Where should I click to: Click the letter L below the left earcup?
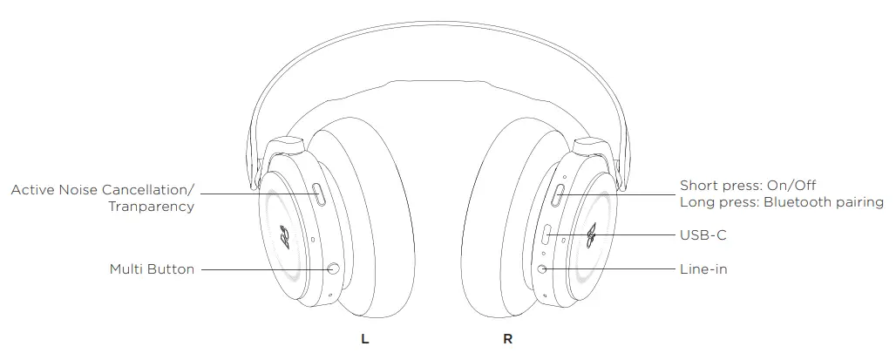pos(365,339)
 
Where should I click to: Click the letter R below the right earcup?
pos(507,339)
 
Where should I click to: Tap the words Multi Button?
pos(152,269)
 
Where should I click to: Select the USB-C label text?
pos(703,235)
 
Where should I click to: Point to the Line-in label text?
pos(703,269)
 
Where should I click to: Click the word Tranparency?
pos(151,207)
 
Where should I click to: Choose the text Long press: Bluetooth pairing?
pos(781,202)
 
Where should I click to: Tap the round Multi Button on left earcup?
pos(332,269)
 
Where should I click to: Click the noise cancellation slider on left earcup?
pos(320,195)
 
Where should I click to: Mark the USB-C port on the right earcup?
pos(546,235)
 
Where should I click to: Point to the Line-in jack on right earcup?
pos(544,269)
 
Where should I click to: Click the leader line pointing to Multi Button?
pos(261,269)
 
